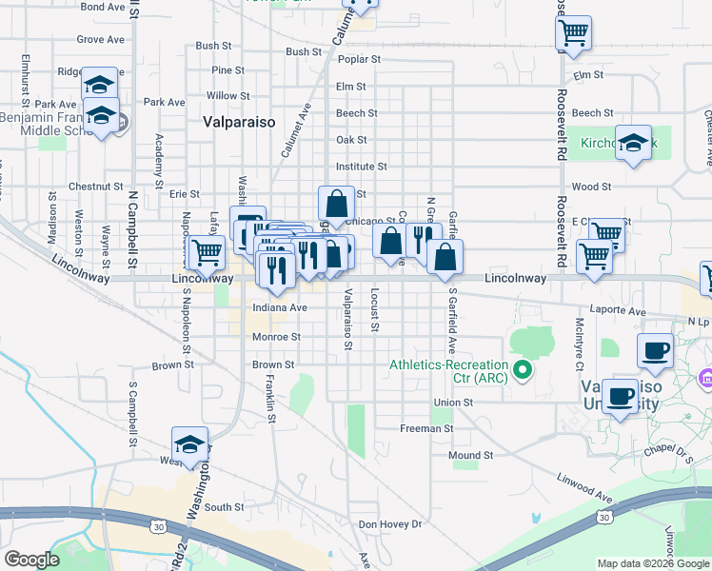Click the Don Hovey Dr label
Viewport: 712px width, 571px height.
coord(389,524)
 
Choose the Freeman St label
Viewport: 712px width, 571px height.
coord(426,429)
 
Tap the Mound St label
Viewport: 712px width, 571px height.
coord(471,456)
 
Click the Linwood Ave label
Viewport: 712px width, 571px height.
coord(584,485)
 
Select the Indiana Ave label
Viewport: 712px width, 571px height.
coord(280,308)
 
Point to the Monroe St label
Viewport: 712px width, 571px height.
coord(276,337)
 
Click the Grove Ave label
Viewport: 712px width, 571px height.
coord(101,40)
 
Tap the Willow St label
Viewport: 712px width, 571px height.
coord(228,96)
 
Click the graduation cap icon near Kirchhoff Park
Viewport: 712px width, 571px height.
coord(634,143)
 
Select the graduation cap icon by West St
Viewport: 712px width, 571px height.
coord(189,443)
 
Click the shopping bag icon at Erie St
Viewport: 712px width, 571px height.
coord(336,203)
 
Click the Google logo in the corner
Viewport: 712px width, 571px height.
coord(32,560)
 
